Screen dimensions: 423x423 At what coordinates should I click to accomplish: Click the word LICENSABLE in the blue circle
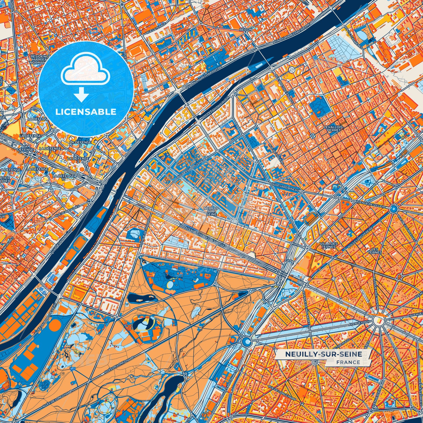point(86,112)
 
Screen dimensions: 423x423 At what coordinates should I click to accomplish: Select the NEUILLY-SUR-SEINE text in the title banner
point(323,354)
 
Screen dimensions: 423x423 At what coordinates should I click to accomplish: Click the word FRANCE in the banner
point(348,362)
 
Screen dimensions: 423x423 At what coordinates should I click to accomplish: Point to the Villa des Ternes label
point(329,245)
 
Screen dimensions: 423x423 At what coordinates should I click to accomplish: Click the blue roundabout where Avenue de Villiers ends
point(393,208)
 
